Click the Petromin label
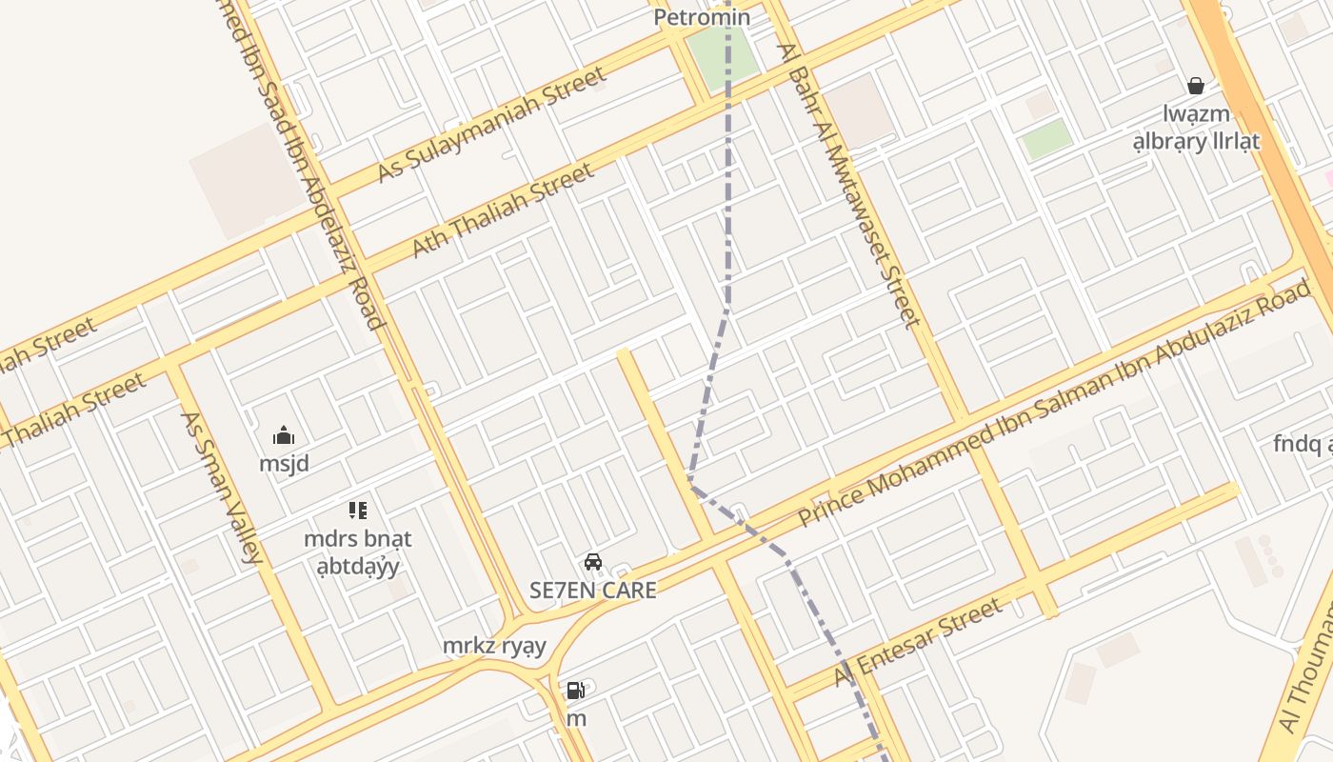(702, 17)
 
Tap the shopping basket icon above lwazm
(1196, 86)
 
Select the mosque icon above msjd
(284, 435)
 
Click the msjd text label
(284, 464)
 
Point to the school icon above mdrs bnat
(357, 511)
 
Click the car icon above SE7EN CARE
(593, 562)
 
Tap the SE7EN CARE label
(593, 590)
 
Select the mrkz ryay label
(494, 646)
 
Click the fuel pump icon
(576, 691)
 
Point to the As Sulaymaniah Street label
(491, 124)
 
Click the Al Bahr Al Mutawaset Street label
(849, 186)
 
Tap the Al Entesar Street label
(918, 641)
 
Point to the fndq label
(1301, 444)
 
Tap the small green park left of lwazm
(1046, 139)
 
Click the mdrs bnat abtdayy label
(357, 552)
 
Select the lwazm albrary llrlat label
(1196, 128)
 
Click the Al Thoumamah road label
(1308, 667)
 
